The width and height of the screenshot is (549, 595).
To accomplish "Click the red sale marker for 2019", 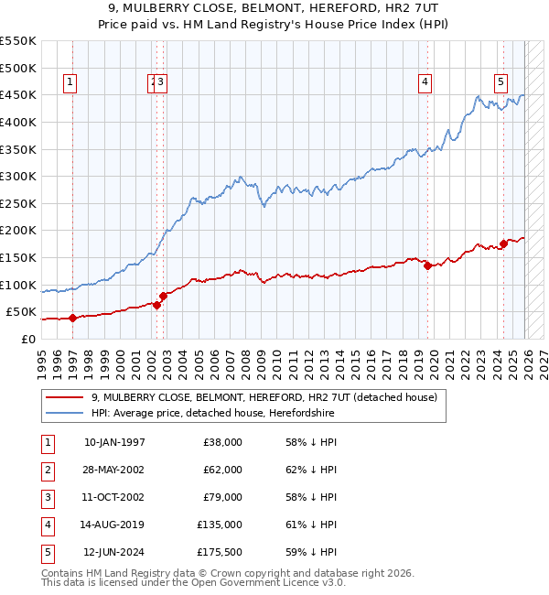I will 427,265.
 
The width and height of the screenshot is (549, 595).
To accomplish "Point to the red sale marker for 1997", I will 72,318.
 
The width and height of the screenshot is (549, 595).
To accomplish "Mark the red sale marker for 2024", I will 503,243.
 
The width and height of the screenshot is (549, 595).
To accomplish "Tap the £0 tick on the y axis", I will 28,339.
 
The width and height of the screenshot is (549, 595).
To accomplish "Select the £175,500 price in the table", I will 220,552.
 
